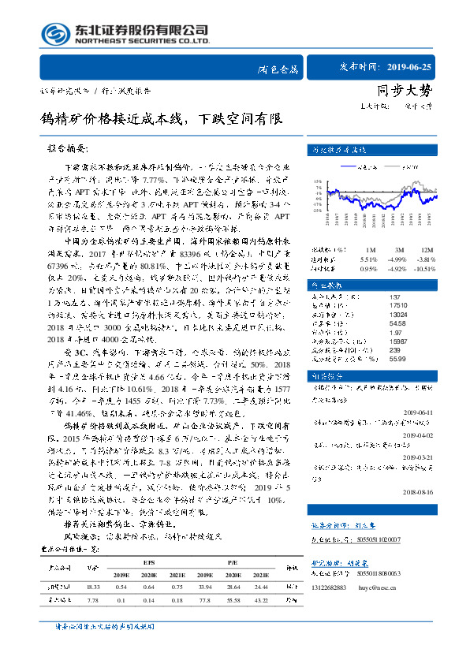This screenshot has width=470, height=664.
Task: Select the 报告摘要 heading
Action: (x=81, y=148)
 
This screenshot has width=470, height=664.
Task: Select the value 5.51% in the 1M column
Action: (x=368, y=258)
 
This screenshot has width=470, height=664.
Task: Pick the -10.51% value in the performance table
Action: (x=425, y=267)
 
